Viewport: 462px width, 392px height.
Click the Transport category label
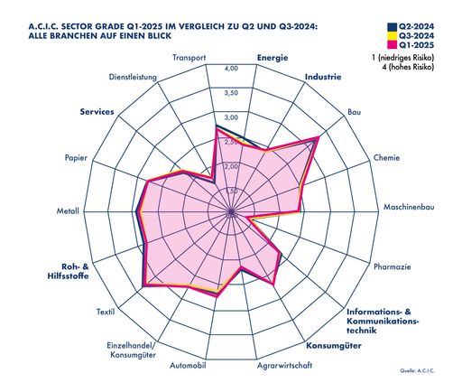(189, 59)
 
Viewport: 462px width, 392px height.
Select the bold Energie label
(273, 59)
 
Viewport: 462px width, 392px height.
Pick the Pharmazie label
(393, 267)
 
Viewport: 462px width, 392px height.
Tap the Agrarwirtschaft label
(284, 366)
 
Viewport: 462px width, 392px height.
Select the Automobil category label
(189, 366)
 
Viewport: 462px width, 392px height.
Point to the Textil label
(105, 313)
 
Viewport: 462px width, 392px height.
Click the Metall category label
(68, 213)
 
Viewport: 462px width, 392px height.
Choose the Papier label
(76, 158)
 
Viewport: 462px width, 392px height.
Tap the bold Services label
(97, 112)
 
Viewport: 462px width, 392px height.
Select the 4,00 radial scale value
(231, 69)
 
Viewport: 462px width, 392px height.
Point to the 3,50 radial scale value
(231, 93)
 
